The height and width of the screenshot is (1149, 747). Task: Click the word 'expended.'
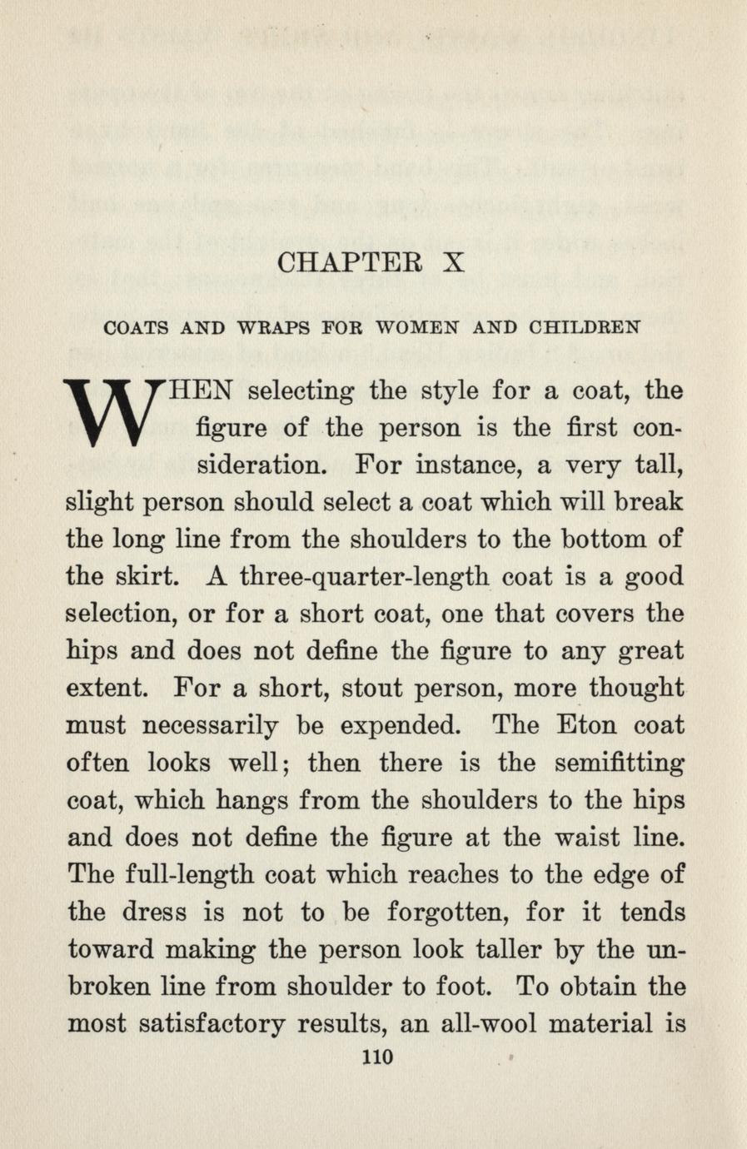click(x=387, y=726)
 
